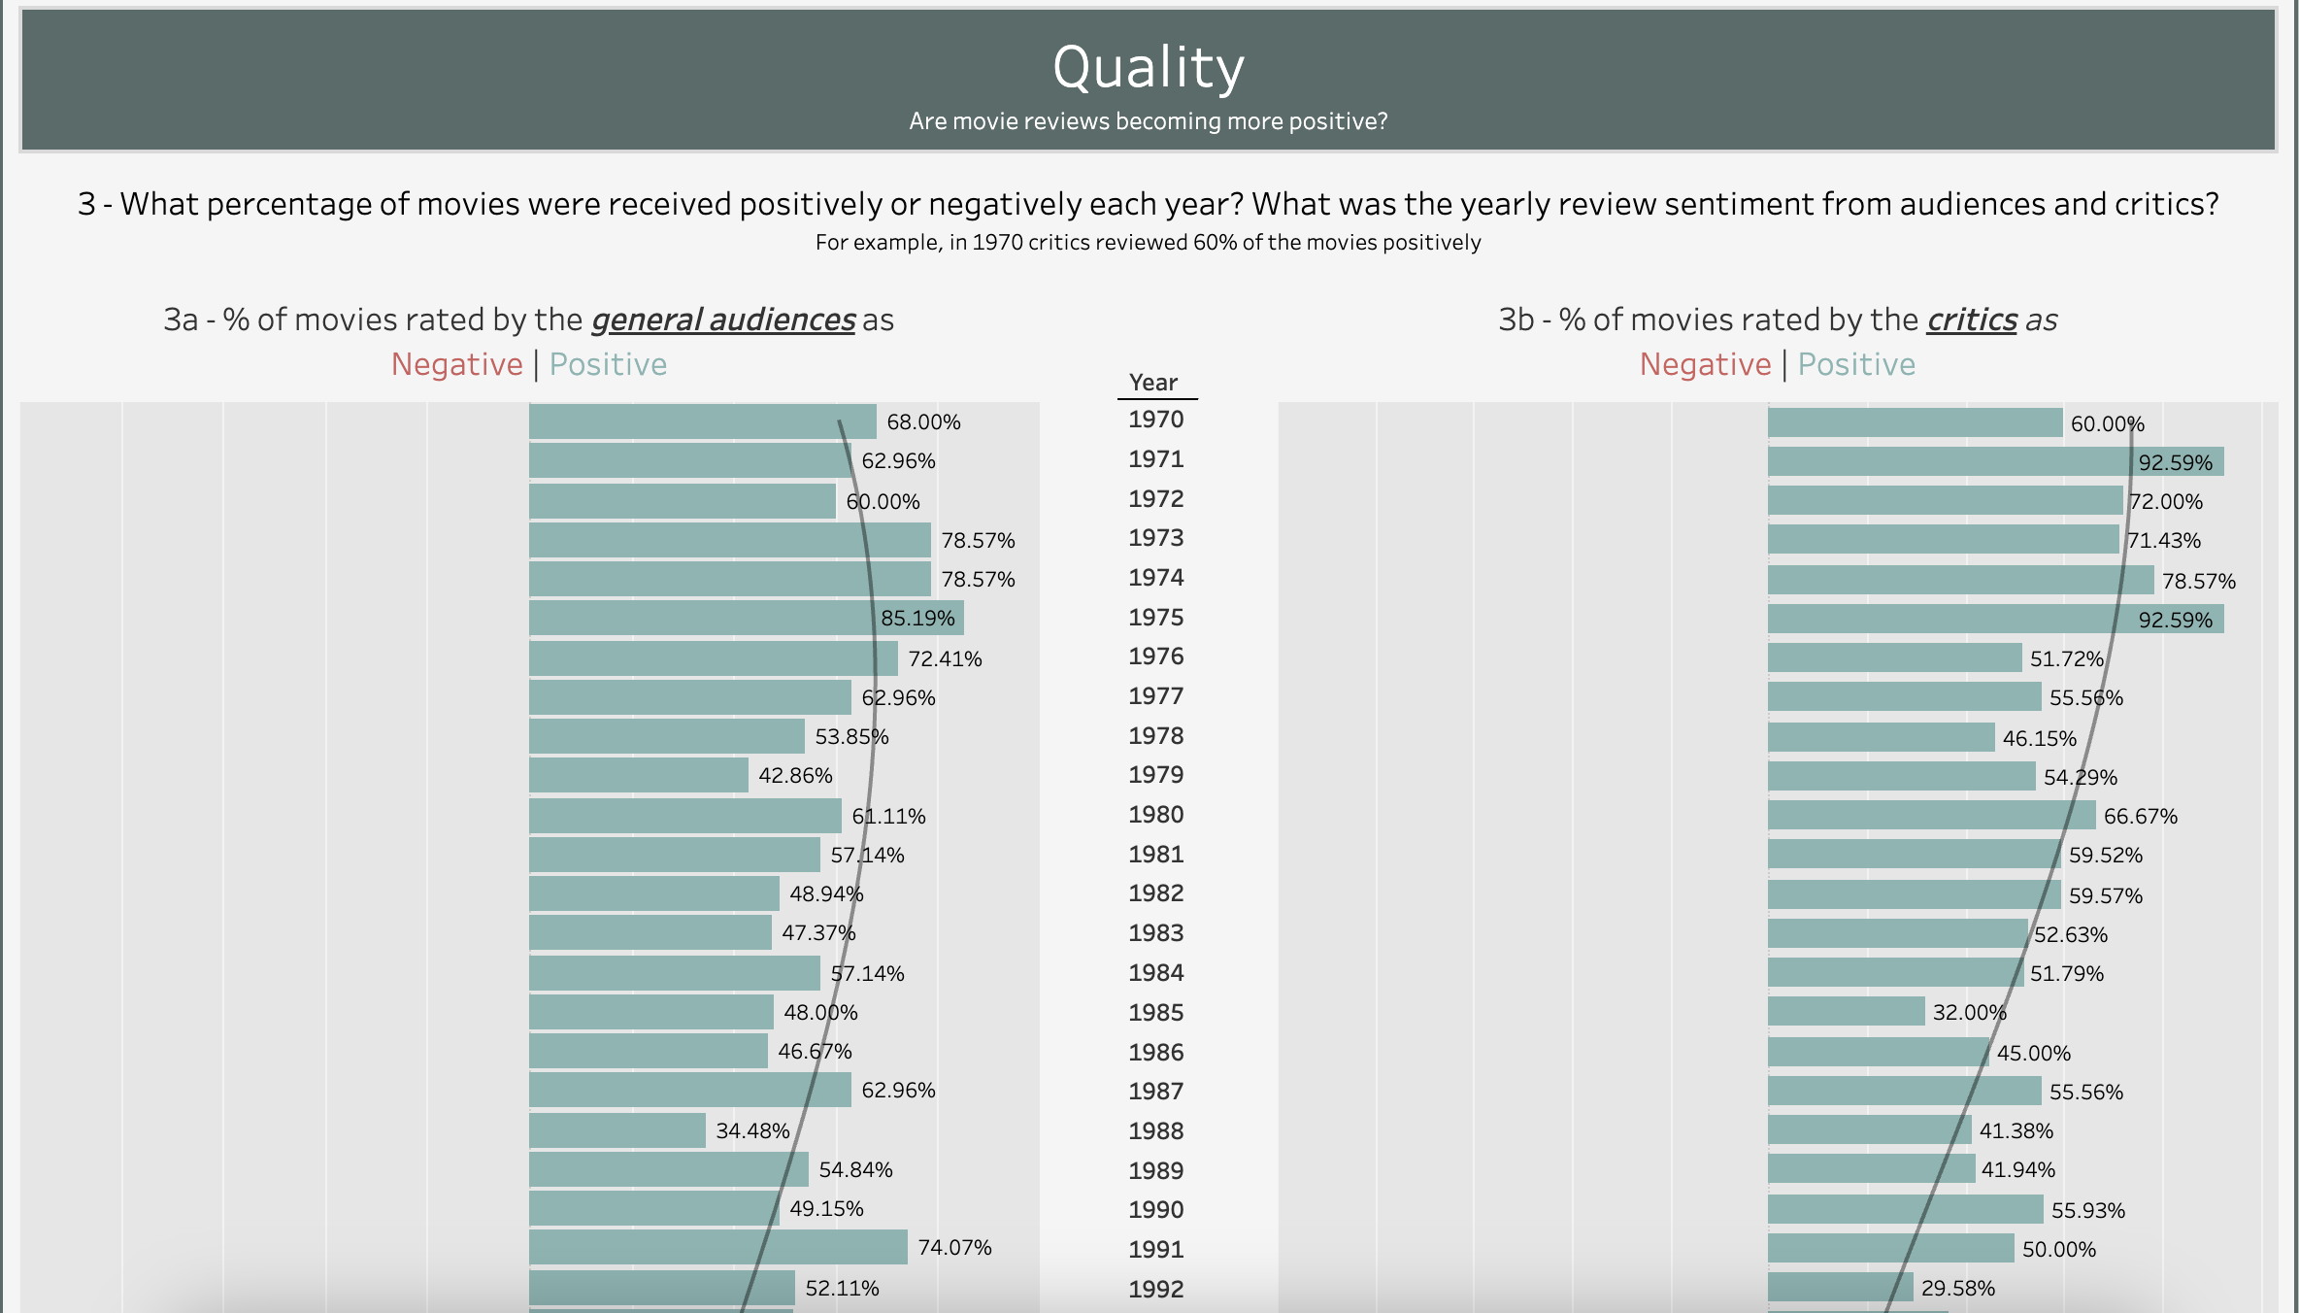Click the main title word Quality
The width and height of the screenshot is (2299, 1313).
tap(1149, 69)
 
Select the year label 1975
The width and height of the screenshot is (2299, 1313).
tap(1155, 618)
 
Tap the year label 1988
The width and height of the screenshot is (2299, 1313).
tap(1155, 1131)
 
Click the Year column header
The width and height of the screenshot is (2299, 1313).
tap(1153, 383)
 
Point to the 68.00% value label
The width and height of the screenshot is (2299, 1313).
tap(923, 422)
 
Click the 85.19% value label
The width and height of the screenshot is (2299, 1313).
tap(917, 619)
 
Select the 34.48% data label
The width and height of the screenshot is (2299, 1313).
tap(752, 1131)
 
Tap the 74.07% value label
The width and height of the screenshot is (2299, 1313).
tap(954, 1248)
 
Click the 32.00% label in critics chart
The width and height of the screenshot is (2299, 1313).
tap(1969, 1013)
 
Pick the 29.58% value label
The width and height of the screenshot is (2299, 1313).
tap(1957, 1289)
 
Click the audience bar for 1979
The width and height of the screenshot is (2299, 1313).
tap(639, 775)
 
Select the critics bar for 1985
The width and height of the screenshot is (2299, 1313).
tap(1846, 1011)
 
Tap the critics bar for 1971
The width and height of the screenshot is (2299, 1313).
tap(1996, 461)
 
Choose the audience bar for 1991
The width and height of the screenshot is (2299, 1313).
tap(718, 1247)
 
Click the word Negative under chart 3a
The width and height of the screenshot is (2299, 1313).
tap(456, 364)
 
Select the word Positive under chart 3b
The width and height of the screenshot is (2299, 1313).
tap(1856, 364)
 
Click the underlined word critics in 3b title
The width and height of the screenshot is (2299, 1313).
tap(1972, 320)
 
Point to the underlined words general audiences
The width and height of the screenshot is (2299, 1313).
tap(723, 320)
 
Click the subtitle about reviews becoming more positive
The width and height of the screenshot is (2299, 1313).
tap(1149, 121)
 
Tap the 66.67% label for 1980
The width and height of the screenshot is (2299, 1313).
tap(2140, 817)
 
